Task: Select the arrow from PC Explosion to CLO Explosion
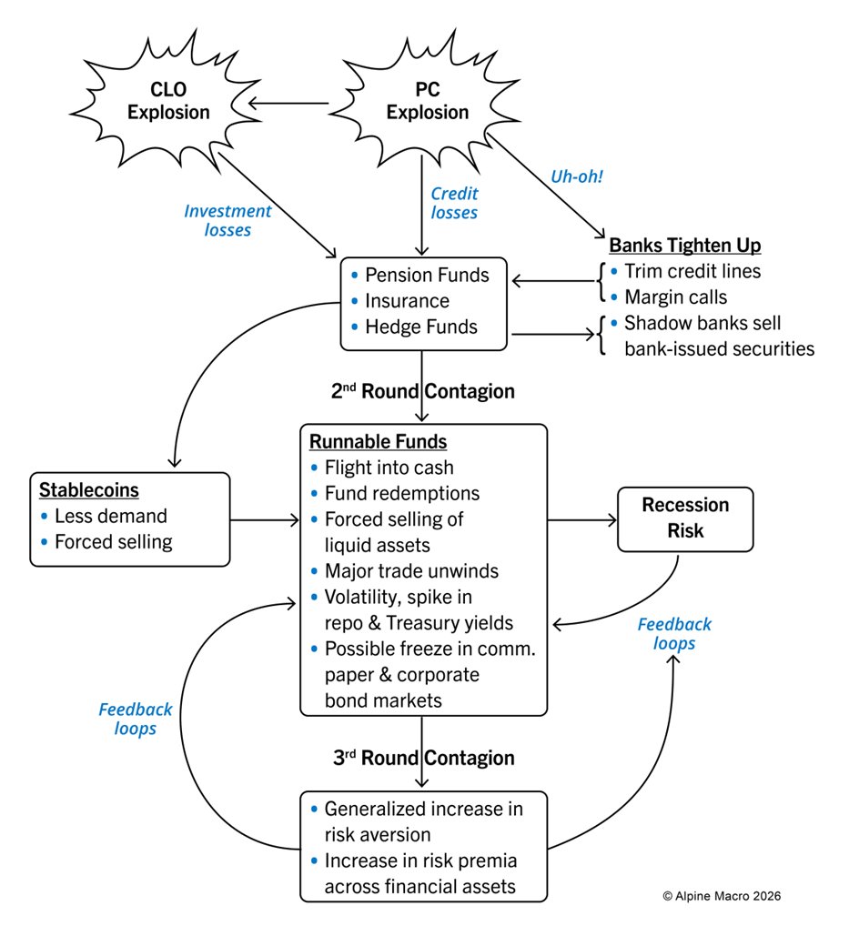pos(288,105)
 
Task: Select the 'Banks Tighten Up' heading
pos(684,246)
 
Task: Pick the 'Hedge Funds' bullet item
pos(421,326)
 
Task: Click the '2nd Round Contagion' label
pos(422,392)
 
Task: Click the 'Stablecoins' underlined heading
pos(88,490)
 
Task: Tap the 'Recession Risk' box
pos(685,518)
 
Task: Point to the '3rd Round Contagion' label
pos(422,758)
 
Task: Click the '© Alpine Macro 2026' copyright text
pos(721,896)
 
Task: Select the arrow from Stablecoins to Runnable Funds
pos(265,520)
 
